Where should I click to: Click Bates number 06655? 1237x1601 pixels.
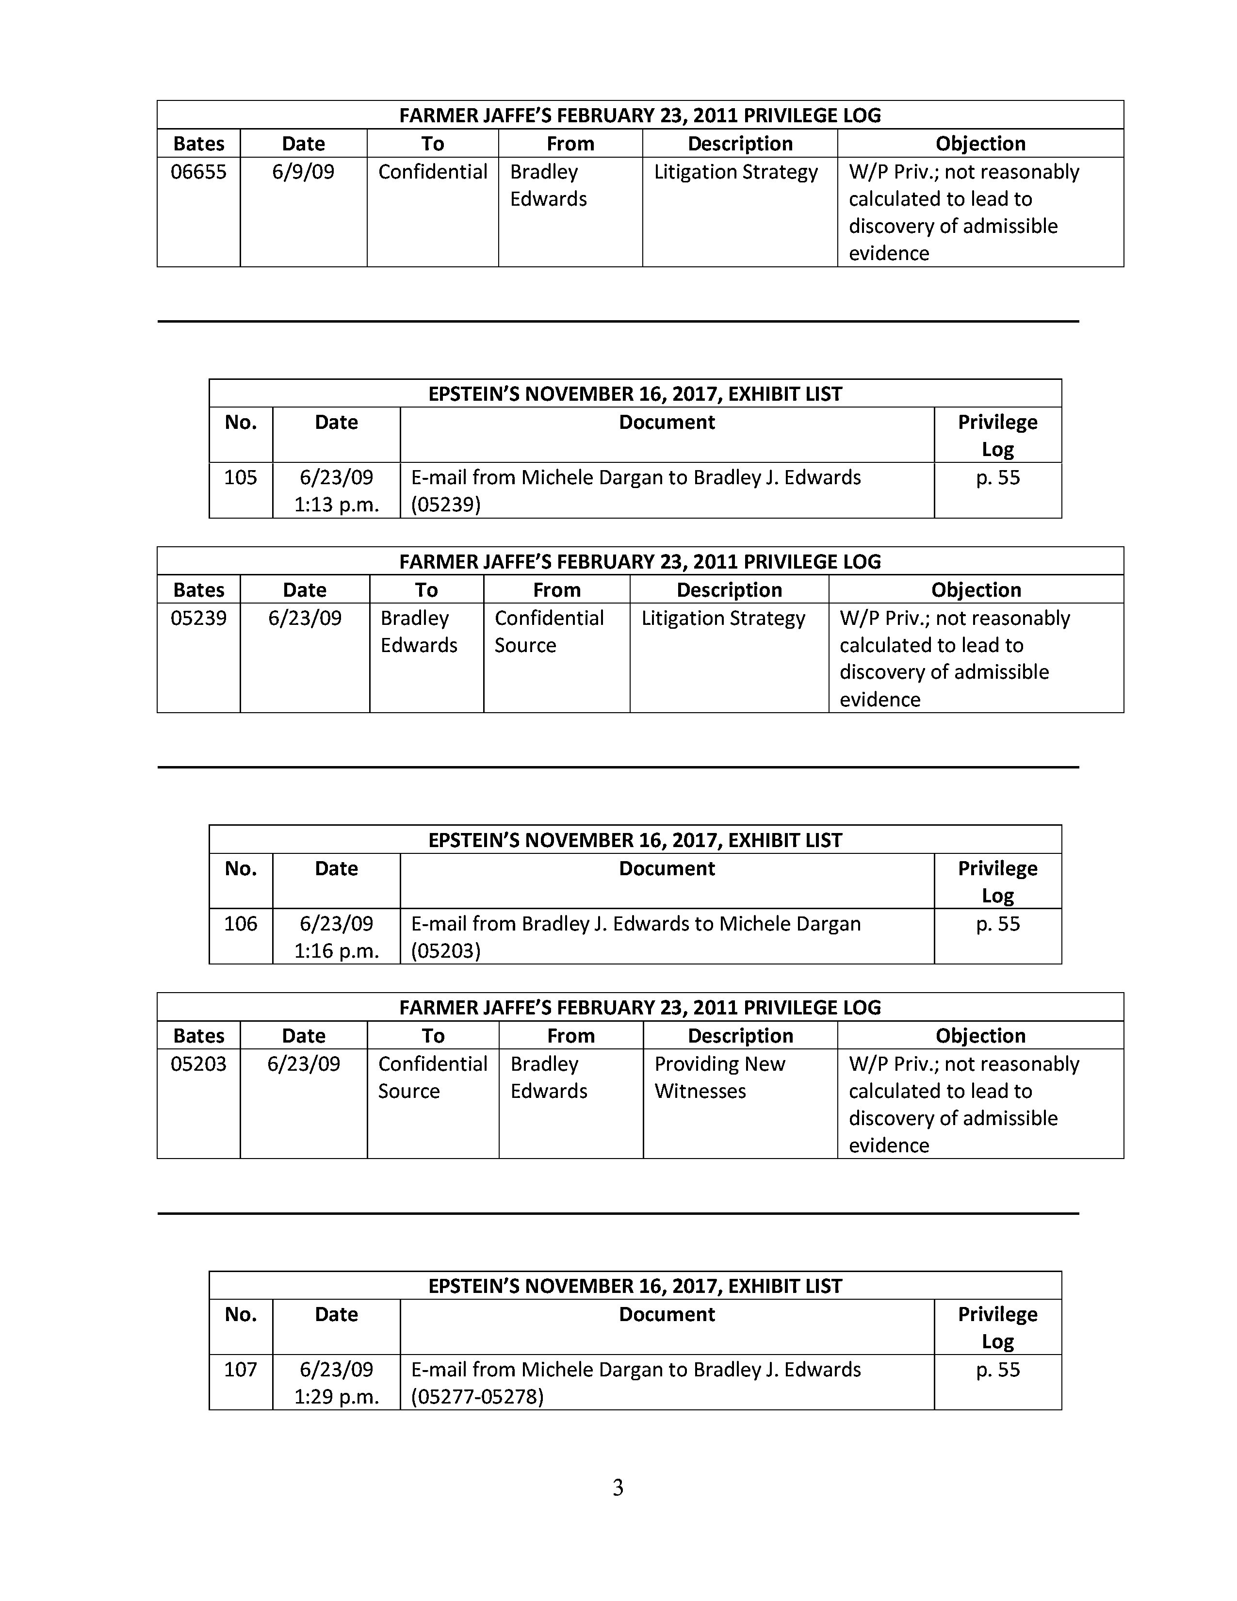[198, 172]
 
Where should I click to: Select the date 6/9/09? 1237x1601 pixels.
[303, 172]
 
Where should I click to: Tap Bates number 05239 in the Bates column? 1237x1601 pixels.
[198, 618]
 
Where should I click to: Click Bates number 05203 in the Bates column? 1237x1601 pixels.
[198, 1063]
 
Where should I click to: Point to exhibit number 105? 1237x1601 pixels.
[240, 478]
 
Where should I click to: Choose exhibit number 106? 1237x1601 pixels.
[240, 924]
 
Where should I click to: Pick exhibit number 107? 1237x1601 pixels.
[240, 1370]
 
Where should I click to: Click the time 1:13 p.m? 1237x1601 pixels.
[336, 505]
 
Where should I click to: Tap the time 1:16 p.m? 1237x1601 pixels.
[336, 951]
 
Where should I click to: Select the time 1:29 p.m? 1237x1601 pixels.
[336, 1396]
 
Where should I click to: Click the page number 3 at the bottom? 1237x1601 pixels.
[618, 1487]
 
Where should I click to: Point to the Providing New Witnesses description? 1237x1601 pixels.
[719, 1078]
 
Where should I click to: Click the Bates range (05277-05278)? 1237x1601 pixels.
[477, 1396]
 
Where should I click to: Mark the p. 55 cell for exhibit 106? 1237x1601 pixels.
[997, 924]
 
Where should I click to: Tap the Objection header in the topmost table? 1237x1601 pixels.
[980, 144]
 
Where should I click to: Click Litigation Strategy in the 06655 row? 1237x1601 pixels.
[736, 172]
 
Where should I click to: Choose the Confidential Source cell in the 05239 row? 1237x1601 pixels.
[549, 631]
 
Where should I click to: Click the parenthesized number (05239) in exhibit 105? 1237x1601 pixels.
[445, 505]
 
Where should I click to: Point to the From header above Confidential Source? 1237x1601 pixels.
[556, 590]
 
